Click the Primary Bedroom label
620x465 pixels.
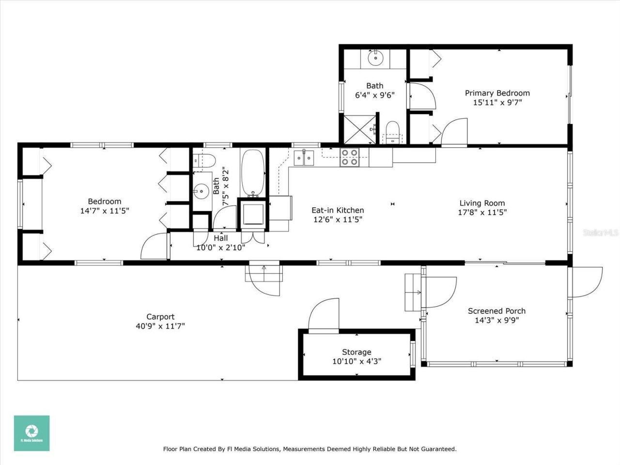coord(497,93)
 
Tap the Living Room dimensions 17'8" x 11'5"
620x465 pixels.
coord(482,213)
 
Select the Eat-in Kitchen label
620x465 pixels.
coord(338,210)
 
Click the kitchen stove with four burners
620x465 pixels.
coord(349,157)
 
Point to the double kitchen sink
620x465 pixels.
coord(304,157)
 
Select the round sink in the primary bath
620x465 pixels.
coord(375,58)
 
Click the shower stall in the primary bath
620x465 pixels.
coord(359,129)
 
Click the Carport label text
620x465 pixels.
coord(160,317)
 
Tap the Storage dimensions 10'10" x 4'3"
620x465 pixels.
coord(356,361)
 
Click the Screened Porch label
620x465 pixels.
coord(496,311)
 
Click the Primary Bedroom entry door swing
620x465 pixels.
coord(454,132)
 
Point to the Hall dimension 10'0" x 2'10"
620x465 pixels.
coord(220,248)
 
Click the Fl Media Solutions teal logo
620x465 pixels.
coord(31,433)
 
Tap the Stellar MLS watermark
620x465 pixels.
coord(600,233)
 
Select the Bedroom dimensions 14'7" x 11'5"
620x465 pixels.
coord(105,211)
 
